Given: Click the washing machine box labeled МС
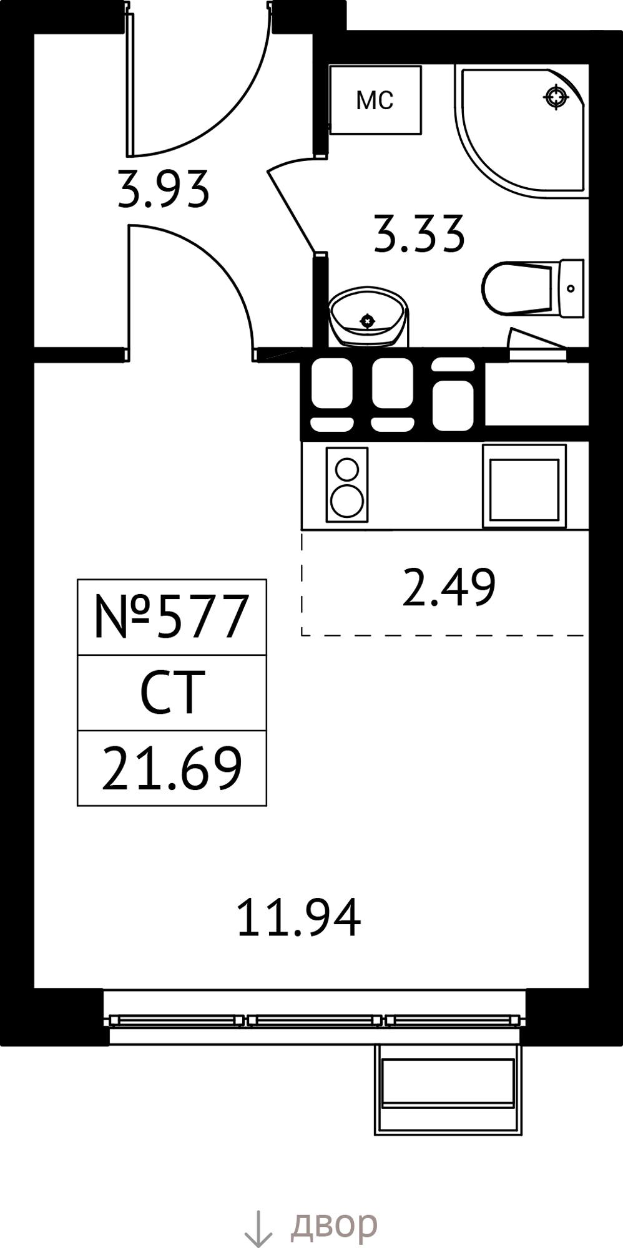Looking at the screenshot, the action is [375, 100].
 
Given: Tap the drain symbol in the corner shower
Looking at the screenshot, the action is [556, 97].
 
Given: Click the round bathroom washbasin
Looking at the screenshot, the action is [368, 317].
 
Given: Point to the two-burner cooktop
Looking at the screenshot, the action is [347, 485].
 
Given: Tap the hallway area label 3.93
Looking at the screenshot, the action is [163, 190].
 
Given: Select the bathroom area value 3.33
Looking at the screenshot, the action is [419, 234].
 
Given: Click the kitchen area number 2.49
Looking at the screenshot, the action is [449, 587].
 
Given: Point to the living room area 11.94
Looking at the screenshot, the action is [299, 917].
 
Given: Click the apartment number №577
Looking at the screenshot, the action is [172, 617].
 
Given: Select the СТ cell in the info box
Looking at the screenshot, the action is [172, 693].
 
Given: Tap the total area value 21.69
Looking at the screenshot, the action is [172, 769].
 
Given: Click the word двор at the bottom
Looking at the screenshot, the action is [334, 1224].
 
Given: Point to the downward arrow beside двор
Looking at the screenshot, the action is [258, 1228].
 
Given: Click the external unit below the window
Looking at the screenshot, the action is [448, 1090].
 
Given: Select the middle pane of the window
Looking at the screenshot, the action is [315, 1020].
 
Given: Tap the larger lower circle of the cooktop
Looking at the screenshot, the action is [347, 501].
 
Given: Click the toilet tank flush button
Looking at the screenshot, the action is [571, 288].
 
